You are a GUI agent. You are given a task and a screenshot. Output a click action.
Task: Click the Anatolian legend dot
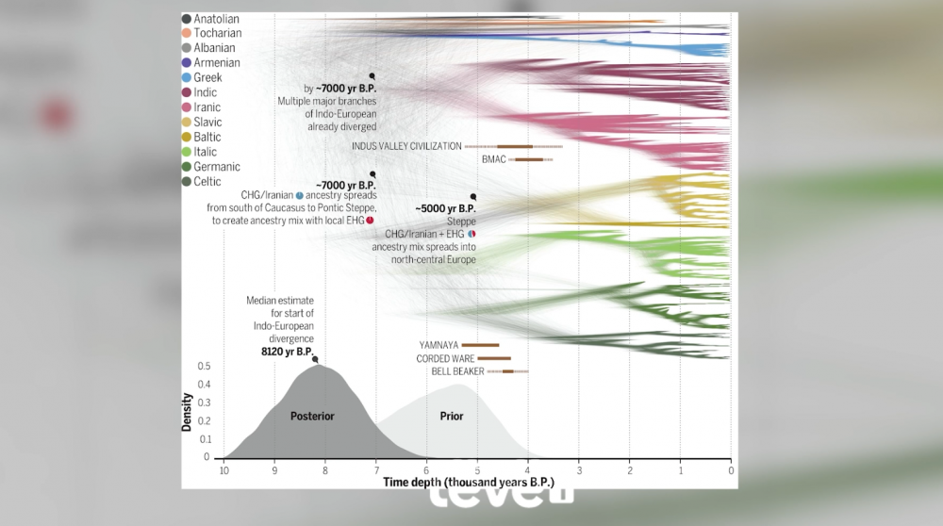(x=188, y=19)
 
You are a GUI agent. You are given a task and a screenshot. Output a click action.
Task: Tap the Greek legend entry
(x=207, y=77)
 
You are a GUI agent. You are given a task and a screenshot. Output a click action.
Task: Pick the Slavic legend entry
(x=207, y=123)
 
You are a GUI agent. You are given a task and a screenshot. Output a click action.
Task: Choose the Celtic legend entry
(x=207, y=182)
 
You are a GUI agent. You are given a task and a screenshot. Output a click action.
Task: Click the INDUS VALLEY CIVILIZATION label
(x=406, y=146)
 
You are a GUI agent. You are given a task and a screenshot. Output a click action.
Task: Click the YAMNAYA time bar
(x=480, y=345)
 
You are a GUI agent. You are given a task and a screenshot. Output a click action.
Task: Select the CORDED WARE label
(x=444, y=359)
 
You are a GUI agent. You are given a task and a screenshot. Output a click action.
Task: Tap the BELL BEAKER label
(x=457, y=371)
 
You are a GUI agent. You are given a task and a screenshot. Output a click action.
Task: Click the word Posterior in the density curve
(x=312, y=416)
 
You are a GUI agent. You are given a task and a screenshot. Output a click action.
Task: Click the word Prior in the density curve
(x=452, y=416)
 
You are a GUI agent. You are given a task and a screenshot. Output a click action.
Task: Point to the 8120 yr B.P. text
(x=288, y=350)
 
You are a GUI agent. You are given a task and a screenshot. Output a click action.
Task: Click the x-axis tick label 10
(x=223, y=470)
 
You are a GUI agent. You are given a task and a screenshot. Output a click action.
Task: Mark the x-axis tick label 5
(x=477, y=470)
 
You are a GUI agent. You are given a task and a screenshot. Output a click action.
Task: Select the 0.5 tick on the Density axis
(x=203, y=367)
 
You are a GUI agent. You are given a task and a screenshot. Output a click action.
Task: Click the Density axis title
(x=187, y=412)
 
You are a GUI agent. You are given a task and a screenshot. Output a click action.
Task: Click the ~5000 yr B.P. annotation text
(x=445, y=208)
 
